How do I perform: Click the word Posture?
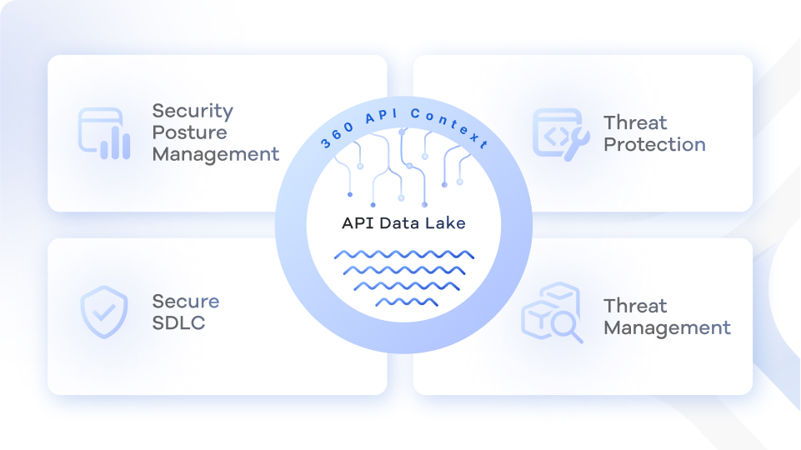coord(189,133)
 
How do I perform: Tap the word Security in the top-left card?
coord(193,112)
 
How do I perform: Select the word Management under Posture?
coord(216,155)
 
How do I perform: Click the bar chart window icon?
coord(104,133)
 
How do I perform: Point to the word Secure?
coord(186,301)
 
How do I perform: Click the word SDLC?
coord(178,322)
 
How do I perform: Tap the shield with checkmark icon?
coord(104,312)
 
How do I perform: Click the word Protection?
coord(654,145)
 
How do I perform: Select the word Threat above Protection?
coord(635,123)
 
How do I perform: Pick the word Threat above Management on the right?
coord(635,306)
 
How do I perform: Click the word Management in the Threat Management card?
coord(667,327)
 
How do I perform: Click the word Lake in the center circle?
coord(448,223)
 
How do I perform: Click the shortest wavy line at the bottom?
coord(406,302)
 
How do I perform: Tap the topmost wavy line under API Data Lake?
coord(404,255)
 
